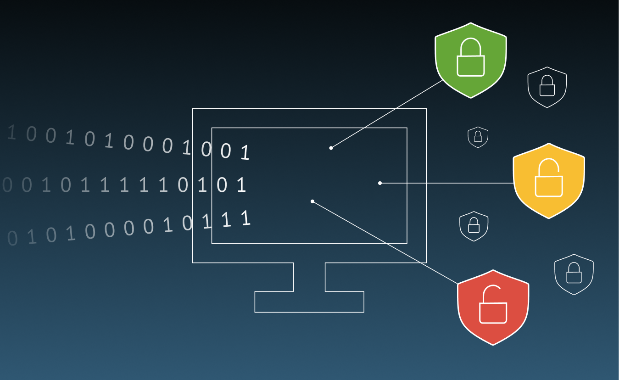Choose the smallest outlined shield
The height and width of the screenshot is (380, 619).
(478, 137)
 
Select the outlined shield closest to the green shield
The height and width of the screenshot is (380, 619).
(547, 87)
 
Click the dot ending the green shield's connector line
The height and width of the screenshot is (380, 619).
(331, 148)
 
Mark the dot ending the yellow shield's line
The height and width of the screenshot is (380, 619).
(380, 183)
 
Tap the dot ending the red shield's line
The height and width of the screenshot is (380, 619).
(312, 201)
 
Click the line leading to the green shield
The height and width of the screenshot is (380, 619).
(388, 113)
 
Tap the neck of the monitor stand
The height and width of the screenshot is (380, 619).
(309, 277)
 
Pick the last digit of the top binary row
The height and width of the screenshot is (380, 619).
(245, 152)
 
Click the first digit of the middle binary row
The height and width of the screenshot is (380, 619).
(7, 185)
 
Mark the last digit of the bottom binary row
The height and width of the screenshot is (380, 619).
(246, 218)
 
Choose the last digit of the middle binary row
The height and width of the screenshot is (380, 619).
(241, 185)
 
